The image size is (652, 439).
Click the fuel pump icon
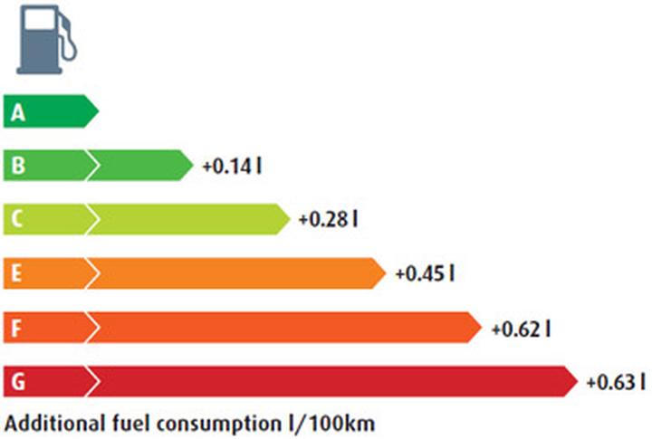(43, 42)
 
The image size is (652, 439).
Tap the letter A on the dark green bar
(18, 113)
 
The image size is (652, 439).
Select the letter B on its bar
(18, 167)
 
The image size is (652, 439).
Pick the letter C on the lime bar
(18, 220)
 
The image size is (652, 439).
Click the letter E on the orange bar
(18, 273)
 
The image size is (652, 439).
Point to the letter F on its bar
(18, 328)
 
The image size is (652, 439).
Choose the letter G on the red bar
(18, 381)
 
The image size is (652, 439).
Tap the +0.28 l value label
(328, 220)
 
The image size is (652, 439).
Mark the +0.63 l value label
(616, 381)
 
